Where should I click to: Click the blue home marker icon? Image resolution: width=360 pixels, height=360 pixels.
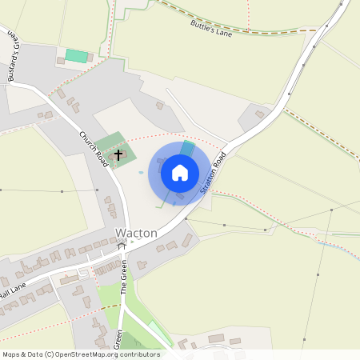pyautogui.click(x=179, y=173)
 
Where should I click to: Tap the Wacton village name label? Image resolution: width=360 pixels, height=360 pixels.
pyautogui.click(x=136, y=233)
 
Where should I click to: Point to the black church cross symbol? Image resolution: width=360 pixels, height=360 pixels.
pyautogui.click(x=119, y=154)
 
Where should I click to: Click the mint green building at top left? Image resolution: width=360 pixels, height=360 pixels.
pyautogui.click(x=76, y=55)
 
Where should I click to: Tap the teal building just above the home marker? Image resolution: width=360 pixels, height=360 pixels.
pyautogui.click(x=186, y=149)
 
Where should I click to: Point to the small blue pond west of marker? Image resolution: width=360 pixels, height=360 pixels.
pyautogui.click(x=142, y=172)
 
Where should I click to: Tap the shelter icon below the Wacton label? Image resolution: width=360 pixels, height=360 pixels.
pyautogui.click(x=122, y=246)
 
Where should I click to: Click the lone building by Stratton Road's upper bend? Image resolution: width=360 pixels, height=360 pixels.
pyautogui.click(x=259, y=114)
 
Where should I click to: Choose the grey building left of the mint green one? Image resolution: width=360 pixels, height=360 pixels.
pyautogui.click(x=60, y=60)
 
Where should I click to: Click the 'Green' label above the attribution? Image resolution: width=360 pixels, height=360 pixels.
pyautogui.click(x=119, y=339)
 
